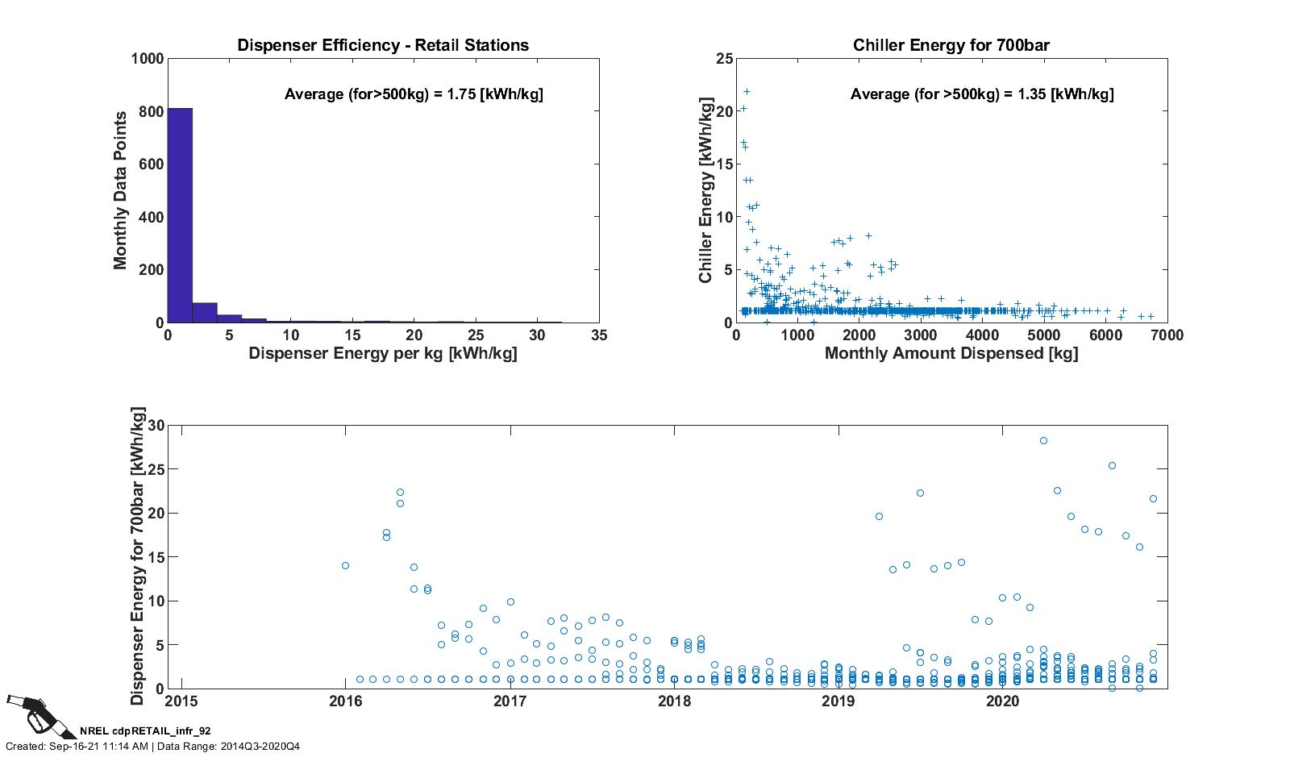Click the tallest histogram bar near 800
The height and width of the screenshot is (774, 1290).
[180, 215]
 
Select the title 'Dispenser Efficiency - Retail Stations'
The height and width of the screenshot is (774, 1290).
[383, 45]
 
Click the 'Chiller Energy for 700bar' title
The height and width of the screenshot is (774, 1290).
[951, 45]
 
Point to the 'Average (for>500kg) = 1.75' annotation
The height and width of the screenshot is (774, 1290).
[414, 94]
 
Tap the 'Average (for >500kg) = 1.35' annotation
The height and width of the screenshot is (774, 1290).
[982, 94]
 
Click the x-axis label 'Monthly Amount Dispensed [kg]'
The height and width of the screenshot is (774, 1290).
[951, 353]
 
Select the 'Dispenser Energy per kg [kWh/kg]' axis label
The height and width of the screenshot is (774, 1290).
[383, 353]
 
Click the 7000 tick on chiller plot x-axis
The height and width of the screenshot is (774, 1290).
[1167, 335]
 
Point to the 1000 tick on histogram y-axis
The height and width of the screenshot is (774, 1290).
[148, 59]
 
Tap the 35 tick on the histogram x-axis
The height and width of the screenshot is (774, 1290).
[598, 335]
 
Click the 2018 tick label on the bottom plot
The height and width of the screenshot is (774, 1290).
[674, 701]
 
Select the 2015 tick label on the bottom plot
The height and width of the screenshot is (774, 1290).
[181, 701]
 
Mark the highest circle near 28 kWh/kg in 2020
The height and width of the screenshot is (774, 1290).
[1043, 441]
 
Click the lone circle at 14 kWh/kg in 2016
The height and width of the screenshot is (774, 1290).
[345, 566]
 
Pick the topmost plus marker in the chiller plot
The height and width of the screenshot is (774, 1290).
[747, 92]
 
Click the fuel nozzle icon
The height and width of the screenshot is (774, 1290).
[40, 715]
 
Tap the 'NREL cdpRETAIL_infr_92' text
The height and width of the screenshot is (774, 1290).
[145, 730]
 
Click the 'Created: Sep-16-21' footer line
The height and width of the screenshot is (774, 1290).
[153, 746]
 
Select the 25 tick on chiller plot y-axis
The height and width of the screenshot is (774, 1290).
[724, 59]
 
